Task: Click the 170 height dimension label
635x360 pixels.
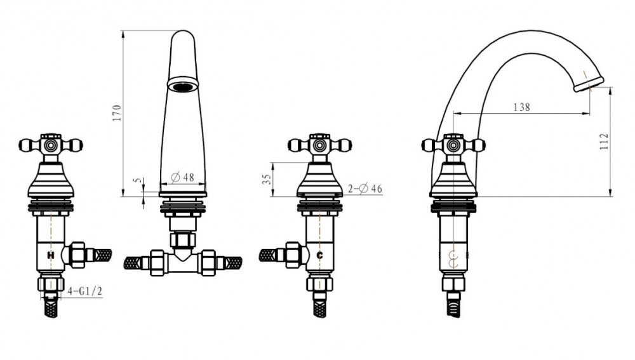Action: tap(117, 113)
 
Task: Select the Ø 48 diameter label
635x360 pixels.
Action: tap(183, 177)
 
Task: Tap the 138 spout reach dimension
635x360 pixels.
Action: tap(521, 107)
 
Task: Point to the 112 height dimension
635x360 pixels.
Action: tap(604, 142)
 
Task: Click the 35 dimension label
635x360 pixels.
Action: tap(267, 180)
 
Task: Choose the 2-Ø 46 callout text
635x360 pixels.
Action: tap(365, 189)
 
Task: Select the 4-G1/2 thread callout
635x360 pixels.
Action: tap(84, 291)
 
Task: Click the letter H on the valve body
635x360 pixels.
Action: tap(51, 255)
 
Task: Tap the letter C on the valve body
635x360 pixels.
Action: tap(319, 255)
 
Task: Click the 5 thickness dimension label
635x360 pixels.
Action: tap(138, 180)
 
